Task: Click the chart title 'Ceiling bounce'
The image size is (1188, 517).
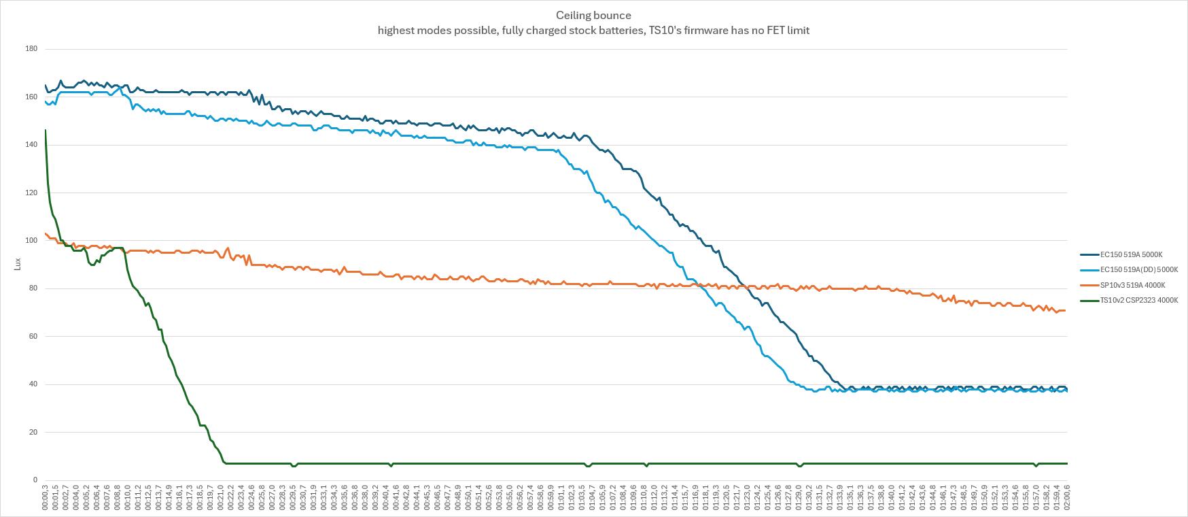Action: [593, 15]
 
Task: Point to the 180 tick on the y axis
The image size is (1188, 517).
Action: [31, 49]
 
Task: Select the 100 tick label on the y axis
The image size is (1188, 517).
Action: [31, 241]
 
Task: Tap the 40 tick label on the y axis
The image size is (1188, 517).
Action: [33, 384]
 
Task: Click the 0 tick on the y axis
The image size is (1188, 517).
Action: [35, 480]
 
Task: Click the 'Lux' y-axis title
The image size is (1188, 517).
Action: [18, 264]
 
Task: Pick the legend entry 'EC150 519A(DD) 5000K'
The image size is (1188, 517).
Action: [1138, 269]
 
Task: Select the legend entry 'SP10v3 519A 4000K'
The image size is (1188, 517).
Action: [1132, 285]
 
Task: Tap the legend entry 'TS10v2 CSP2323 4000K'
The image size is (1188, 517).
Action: [1138, 300]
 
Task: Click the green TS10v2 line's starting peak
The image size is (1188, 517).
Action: [46, 130]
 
